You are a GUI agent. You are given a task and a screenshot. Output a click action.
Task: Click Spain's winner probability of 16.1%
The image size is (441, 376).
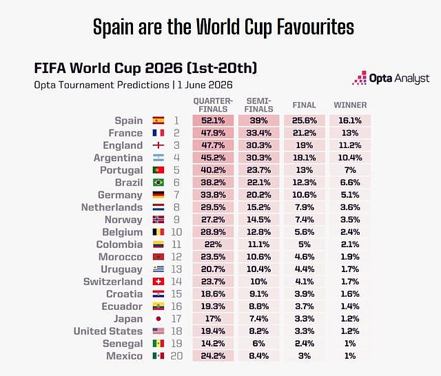[350, 121]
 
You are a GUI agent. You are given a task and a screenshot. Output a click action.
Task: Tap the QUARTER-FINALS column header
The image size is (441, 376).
[213, 105]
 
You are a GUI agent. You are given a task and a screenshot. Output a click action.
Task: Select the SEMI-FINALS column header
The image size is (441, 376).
[259, 105]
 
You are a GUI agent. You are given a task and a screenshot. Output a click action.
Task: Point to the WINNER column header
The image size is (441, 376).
[350, 105]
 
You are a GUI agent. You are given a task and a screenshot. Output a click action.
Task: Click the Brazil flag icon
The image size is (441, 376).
[158, 182]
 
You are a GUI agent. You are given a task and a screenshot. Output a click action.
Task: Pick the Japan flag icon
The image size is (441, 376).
[158, 319]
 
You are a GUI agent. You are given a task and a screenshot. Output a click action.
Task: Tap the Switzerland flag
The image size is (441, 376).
[158, 282]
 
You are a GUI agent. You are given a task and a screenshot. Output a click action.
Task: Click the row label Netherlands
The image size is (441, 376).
[112, 207]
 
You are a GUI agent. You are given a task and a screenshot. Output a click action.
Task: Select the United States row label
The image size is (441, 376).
[108, 331]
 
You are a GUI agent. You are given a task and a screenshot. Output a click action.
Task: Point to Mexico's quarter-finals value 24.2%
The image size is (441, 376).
[213, 356]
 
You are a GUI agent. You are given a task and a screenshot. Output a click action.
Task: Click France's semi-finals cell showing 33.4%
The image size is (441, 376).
[259, 133]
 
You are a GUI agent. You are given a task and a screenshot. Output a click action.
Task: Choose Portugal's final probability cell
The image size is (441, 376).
[305, 170]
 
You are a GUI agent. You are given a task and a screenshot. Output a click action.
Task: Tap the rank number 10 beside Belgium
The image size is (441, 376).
[176, 232]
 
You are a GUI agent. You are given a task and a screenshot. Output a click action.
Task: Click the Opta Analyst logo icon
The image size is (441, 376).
[360, 78]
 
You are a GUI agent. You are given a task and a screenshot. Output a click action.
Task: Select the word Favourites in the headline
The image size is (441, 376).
[316, 27]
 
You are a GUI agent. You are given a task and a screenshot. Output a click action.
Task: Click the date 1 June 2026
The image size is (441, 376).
[205, 85]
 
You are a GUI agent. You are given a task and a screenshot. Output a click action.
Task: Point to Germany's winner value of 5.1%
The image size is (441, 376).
[350, 195]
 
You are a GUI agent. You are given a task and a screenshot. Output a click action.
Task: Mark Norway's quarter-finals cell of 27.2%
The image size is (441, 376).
[213, 220]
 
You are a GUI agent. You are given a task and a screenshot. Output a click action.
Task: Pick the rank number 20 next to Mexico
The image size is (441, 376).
[176, 356]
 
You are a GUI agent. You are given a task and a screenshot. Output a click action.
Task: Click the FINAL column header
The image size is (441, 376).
[305, 105]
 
